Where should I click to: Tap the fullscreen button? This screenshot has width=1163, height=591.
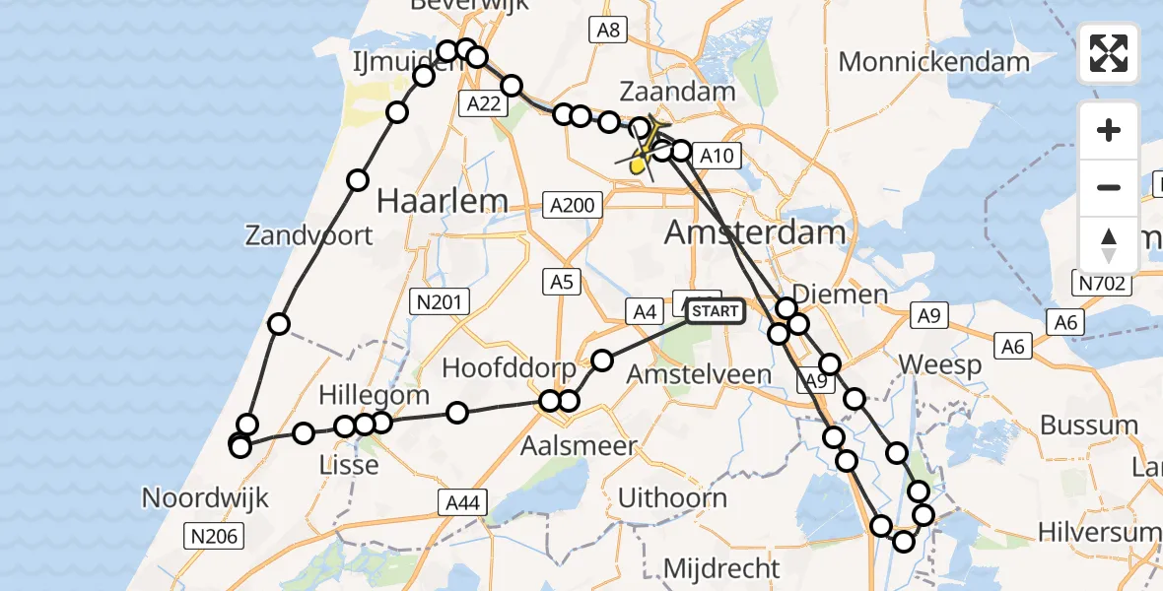pyautogui.click(x=1109, y=53)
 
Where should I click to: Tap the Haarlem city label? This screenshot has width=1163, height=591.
pyautogui.click(x=443, y=202)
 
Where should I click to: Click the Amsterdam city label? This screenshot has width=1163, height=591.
pyautogui.click(x=755, y=233)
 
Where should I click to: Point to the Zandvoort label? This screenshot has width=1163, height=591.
pyautogui.click(x=309, y=235)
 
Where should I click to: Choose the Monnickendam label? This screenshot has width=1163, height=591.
pyautogui.click(x=933, y=62)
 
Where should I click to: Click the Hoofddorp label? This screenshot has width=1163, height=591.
pyautogui.click(x=509, y=368)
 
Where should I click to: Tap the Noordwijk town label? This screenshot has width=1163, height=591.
pyautogui.click(x=206, y=497)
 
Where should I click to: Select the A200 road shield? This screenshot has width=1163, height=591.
pyautogui.click(x=573, y=205)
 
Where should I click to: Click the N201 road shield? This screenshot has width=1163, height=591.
pyautogui.click(x=440, y=301)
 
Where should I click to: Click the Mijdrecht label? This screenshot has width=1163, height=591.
pyautogui.click(x=721, y=568)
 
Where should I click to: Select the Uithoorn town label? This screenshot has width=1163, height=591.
pyautogui.click(x=673, y=497)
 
